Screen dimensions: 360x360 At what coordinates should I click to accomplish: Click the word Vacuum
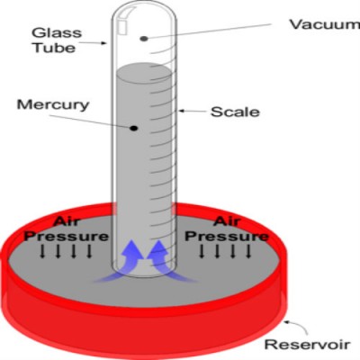[311, 24]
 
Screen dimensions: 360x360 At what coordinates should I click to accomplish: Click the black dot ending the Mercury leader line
[134, 129]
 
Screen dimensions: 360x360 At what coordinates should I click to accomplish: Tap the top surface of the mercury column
[144, 68]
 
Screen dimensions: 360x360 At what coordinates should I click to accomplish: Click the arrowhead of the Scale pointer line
[181, 112]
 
